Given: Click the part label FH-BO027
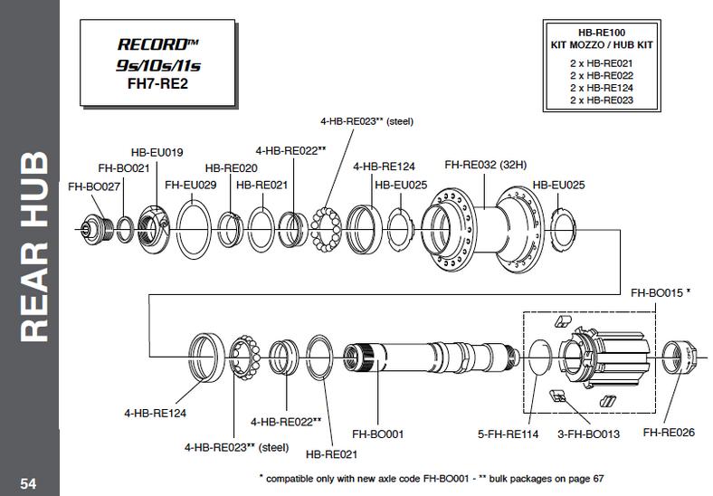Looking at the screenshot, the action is [94, 186].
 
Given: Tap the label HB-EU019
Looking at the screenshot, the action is [157, 152].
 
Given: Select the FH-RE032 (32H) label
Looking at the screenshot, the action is [486, 165].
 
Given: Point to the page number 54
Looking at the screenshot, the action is [28, 483].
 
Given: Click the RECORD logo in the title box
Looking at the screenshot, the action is [157, 44].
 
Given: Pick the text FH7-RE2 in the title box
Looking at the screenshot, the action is [157, 84].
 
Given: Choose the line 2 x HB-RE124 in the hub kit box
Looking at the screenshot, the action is [602, 88].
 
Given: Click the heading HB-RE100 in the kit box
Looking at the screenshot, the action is [602, 33].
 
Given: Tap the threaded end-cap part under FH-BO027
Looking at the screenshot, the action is [97, 229].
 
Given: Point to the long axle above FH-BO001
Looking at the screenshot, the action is [431, 358].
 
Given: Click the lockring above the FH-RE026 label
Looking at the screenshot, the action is [679, 358].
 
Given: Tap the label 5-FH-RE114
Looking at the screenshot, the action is [508, 434].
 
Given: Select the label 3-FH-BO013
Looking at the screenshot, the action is [588, 434].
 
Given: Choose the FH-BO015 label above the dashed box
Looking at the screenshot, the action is [661, 293].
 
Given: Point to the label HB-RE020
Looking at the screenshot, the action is [231, 168].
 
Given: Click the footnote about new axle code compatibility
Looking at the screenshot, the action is [432, 479].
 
